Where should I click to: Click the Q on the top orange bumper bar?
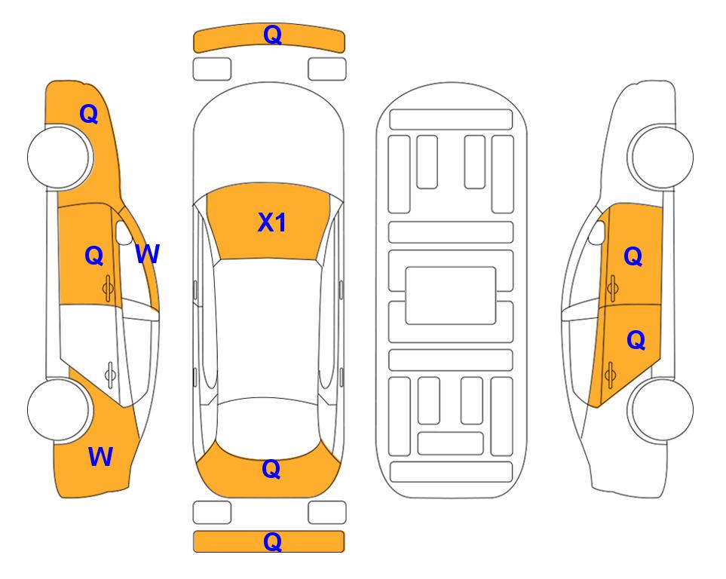pyautogui.click(x=272, y=35)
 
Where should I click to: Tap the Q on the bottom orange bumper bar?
pyautogui.click(x=272, y=541)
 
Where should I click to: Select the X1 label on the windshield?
pyautogui.click(x=272, y=222)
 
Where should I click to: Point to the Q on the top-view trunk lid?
pyautogui.click(x=271, y=469)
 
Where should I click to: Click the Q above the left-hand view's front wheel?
pyautogui.click(x=89, y=114)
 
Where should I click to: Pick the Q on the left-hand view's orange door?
pyautogui.click(x=94, y=256)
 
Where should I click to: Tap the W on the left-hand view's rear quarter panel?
pyautogui.click(x=100, y=456)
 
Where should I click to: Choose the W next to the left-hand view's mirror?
pyautogui.click(x=148, y=254)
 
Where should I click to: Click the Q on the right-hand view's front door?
pyautogui.click(x=633, y=256)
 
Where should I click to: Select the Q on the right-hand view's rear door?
pyautogui.click(x=636, y=341)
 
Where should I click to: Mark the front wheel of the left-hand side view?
pyautogui.click(x=59, y=157)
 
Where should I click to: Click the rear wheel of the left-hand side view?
pyautogui.click(x=59, y=409)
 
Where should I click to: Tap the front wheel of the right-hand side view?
pyautogui.click(x=661, y=157)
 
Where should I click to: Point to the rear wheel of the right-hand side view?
pyautogui.click(x=661, y=409)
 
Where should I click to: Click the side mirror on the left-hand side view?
pyautogui.click(x=124, y=232)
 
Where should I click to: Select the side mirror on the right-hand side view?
pyautogui.click(x=596, y=232)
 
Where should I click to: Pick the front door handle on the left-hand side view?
pyautogui.click(x=109, y=289)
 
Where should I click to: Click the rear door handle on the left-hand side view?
pyautogui.click(x=110, y=375)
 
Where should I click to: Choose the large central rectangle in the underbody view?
pyautogui.click(x=451, y=296)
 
